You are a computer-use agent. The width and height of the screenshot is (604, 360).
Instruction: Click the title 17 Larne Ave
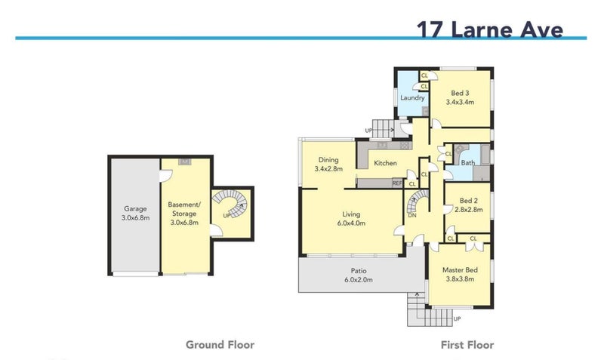pyautogui.click(x=489, y=29)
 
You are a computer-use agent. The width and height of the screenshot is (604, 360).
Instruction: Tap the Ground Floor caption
pyautogui.click(x=220, y=345)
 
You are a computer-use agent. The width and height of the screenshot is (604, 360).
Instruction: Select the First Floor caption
pyautogui.click(x=467, y=345)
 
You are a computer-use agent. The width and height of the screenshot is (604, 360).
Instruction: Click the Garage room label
pyautogui.click(x=135, y=209)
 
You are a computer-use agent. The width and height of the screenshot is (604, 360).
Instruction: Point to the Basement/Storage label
pyautogui.click(x=184, y=209)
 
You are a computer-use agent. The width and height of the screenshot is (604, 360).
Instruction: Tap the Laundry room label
pyautogui.click(x=412, y=98)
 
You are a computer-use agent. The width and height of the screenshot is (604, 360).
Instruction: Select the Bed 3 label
pyautogui.click(x=460, y=93)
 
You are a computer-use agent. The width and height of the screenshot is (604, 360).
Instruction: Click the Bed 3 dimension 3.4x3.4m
pyautogui.click(x=460, y=102)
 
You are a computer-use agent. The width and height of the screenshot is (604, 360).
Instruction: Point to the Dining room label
pyautogui.click(x=328, y=160)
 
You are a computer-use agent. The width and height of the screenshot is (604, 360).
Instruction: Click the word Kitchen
pyautogui.click(x=385, y=163)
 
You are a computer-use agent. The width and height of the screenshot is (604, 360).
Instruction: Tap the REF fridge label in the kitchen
pyautogui.click(x=397, y=183)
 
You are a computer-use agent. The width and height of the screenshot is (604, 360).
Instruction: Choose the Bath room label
pyautogui.click(x=468, y=163)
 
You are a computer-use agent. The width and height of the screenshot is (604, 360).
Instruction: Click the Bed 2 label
pyautogui.click(x=468, y=201)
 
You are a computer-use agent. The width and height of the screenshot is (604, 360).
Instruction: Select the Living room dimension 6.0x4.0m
pyautogui.click(x=351, y=223)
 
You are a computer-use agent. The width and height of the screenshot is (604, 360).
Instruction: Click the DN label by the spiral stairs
pyautogui.click(x=412, y=215)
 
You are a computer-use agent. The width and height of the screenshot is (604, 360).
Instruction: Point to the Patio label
pyautogui.click(x=358, y=271)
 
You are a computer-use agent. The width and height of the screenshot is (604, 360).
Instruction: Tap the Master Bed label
pyautogui.click(x=460, y=270)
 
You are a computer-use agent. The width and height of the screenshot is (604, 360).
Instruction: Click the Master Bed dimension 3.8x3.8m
pyautogui.click(x=460, y=279)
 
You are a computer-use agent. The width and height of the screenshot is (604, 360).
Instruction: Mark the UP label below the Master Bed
pyautogui.click(x=457, y=318)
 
